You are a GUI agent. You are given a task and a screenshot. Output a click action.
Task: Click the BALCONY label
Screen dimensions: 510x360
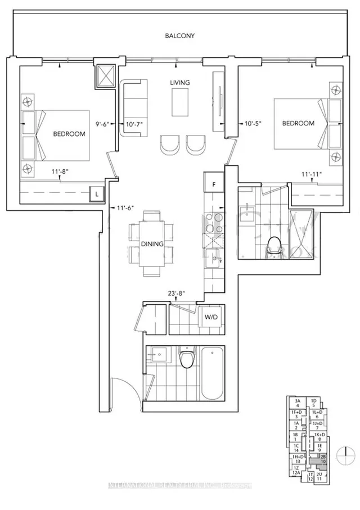coord(180,35)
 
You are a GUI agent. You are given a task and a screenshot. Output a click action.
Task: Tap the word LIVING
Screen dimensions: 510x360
coord(180,83)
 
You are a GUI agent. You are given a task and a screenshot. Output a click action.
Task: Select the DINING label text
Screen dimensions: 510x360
coord(152,244)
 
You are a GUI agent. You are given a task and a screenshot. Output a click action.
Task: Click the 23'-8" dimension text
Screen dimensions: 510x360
coord(175,292)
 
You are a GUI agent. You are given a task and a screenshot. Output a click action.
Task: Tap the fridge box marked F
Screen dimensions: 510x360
coord(214,184)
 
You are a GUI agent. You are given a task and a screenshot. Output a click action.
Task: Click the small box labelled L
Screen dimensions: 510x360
coord(98,194)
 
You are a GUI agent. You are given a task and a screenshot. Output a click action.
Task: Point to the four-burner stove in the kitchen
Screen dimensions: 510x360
coord(214,223)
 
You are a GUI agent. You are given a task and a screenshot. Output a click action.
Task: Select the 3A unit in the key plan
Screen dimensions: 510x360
coord(297,403)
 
